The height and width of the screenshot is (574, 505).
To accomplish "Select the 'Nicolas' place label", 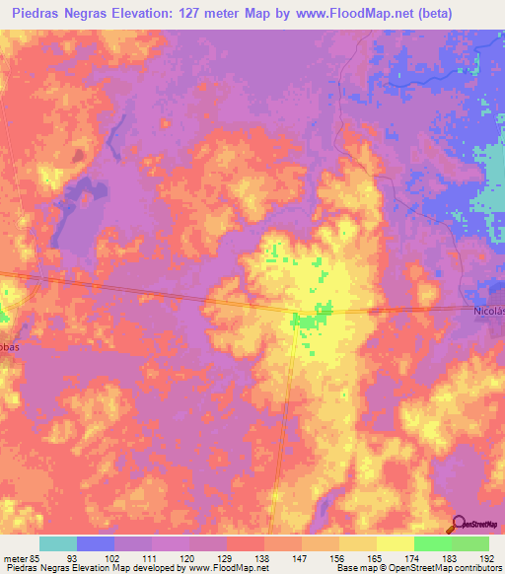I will [x=486, y=313].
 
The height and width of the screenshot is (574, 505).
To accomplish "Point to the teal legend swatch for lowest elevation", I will [x=58, y=543].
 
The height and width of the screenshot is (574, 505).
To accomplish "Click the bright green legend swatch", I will [x=432, y=543].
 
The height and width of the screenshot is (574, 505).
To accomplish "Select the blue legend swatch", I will [x=96, y=543].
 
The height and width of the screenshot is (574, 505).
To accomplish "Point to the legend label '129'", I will [x=226, y=557].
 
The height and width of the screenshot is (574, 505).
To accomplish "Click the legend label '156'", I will [x=338, y=557].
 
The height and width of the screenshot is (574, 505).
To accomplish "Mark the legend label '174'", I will [x=413, y=557].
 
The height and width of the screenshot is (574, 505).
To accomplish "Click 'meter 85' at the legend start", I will [x=19, y=557].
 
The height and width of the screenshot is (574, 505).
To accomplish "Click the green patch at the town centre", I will [x=315, y=322].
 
